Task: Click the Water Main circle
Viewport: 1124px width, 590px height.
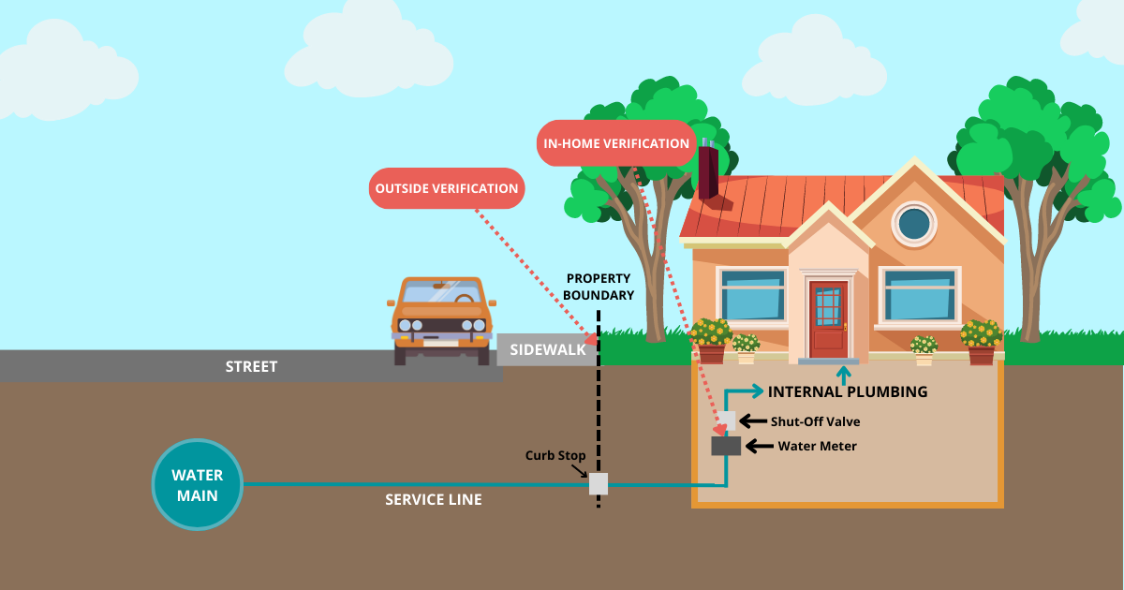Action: (197, 484)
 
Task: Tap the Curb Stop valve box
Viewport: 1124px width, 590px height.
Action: (598, 483)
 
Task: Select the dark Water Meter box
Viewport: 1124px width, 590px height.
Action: (726, 446)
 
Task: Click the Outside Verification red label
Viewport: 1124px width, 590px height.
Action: (447, 189)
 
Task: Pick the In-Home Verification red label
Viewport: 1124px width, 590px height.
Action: (616, 143)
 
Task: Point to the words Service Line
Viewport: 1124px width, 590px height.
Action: (433, 500)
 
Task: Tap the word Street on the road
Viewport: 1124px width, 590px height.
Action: (251, 366)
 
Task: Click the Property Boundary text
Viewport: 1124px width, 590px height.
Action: (599, 287)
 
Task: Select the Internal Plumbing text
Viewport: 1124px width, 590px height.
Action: (848, 392)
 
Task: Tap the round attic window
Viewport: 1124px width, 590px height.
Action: (913, 224)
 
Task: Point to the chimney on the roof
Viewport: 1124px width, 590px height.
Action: (708, 170)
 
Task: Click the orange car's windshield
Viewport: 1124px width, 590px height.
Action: (442, 291)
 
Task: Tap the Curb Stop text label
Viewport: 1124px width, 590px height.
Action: (555, 456)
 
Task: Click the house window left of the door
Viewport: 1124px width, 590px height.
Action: (753, 295)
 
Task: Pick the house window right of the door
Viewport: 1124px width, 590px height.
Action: (920, 295)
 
